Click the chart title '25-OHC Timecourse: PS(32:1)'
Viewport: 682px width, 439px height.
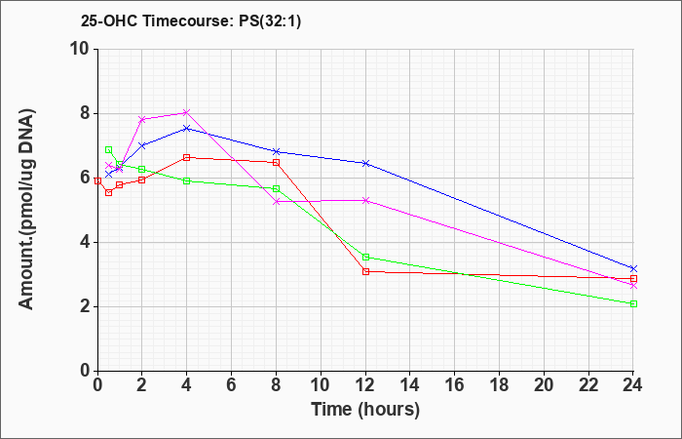pyautogui.click(x=191, y=21)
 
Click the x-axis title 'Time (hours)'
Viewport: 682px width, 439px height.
pyautogui.click(x=365, y=410)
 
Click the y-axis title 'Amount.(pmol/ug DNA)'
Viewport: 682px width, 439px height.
pyautogui.click(x=27, y=210)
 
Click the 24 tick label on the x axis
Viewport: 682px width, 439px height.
pyautogui.click(x=633, y=384)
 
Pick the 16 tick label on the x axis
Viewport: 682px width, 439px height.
pyautogui.click(x=455, y=384)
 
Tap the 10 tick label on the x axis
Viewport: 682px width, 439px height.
pyautogui.click(x=321, y=384)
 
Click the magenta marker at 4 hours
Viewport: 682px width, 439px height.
pyautogui.click(x=187, y=112)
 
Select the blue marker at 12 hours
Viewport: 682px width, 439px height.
pyautogui.click(x=365, y=163)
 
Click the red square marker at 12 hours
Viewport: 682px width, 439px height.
pyautogui.click(x=365, y=271)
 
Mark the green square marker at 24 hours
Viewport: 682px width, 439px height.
pyautogui.click(x=633, y=303)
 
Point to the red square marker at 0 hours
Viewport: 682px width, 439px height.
pyautogui.click(x=97, y=180)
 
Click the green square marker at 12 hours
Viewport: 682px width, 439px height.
pyautogui.click(x=365, y=257)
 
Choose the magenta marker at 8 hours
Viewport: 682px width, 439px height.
pyautogui.click(x=276, y=201)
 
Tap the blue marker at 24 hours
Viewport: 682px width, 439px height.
pyautogui.click(x=633, y=268)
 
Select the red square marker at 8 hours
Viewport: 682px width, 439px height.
pyautogui.click(x=276, y=163)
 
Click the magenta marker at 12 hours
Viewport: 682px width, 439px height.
pyautogui.click(x=365, y=200)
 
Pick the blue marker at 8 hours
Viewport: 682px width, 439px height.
pyautogui.click(x=276, y=151)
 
